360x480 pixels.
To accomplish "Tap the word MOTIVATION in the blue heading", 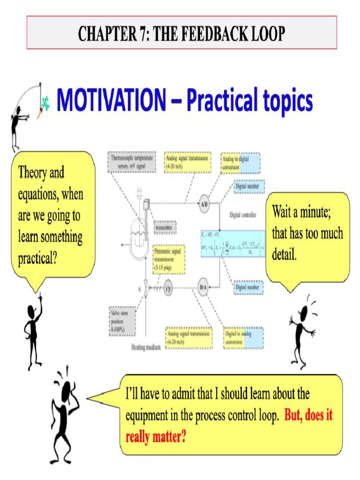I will point(111,100).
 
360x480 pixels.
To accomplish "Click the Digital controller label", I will point(242,216).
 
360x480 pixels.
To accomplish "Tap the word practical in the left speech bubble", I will point(37,258).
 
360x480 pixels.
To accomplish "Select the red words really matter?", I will point(156,438).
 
